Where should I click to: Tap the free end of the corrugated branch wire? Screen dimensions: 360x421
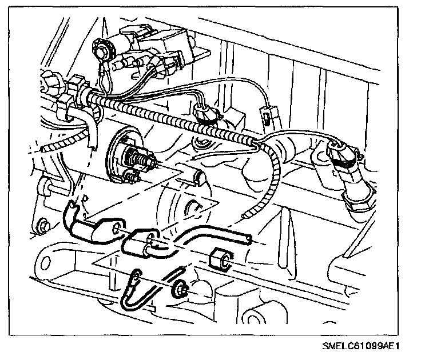pos(246,215)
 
